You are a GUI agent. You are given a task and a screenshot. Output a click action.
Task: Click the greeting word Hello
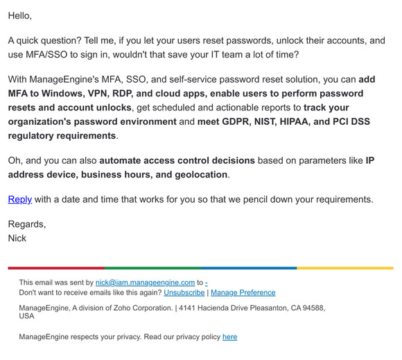point(19,15)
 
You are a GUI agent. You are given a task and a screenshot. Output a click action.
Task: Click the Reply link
point(20,199)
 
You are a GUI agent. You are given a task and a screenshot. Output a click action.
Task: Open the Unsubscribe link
point(184,293)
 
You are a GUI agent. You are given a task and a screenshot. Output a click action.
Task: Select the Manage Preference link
point(243,293)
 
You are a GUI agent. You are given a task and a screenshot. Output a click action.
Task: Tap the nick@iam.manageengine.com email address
point(146,282)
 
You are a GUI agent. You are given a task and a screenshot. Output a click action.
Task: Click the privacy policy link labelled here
point(229,337)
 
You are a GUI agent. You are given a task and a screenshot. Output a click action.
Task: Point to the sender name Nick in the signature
point(17,237)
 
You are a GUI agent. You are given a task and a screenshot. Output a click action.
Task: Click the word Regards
point(26,224)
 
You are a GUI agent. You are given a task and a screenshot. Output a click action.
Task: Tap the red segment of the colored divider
point(55,268)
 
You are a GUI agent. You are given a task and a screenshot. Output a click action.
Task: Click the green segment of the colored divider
point(152,268)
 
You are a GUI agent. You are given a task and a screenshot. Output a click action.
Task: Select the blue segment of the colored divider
point(249,268)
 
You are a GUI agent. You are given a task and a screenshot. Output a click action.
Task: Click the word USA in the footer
point(27,316)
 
